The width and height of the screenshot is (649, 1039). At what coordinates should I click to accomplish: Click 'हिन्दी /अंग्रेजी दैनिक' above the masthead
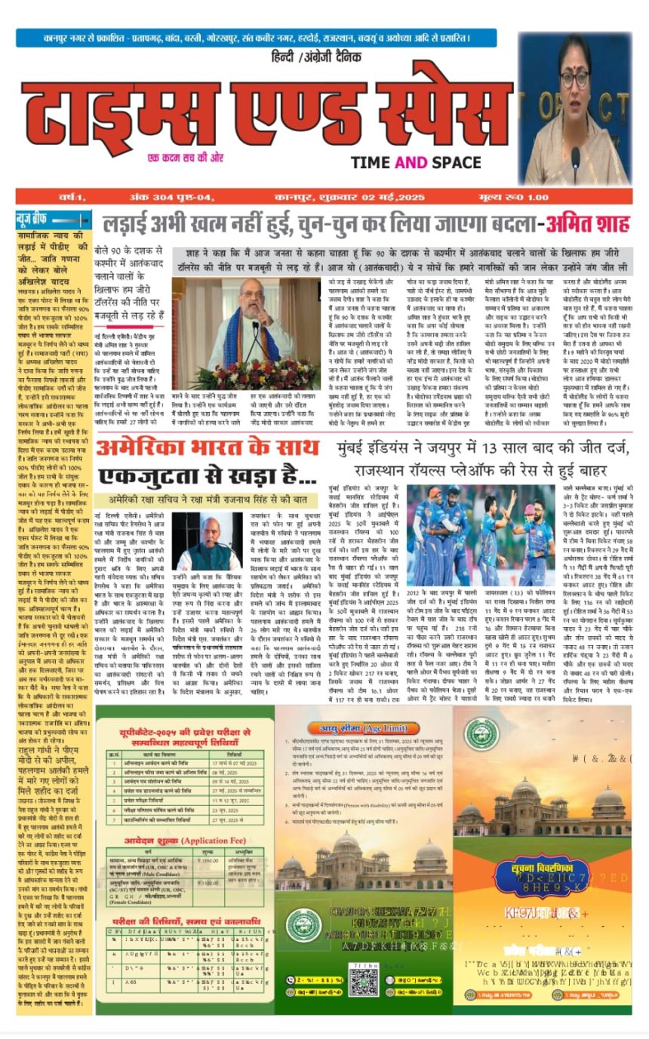pyautogui.click(x=316, y=57)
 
